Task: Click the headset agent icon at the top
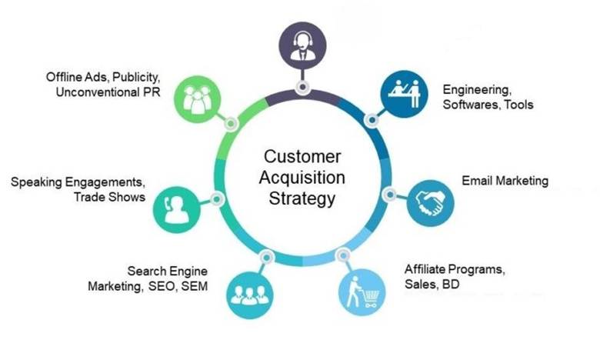pyautogui.click(x=302, y=45)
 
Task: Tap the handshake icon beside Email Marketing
pyautogui.click(x=431, y=203)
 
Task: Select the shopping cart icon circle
pyautogui.click(x=362, y=292)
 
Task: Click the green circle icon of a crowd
pyautogui.click(x=198, y=99)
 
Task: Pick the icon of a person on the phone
pyautogui.click(x=177, y=209)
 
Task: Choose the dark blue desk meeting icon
pyautogui.click(x=404, y=94)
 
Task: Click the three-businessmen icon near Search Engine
pyautogui.click(x=250, y=295)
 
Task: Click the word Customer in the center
pyautogui.click(x=302, y=156)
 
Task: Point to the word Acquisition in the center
pyautogui.click(x=302, y=178)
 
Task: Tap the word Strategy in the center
pyautogui.click(x=302, y=198)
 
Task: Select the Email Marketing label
pyautogui.click(x=505, y=181)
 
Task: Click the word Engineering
pyautogui.click(x=477, y=90)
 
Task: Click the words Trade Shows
pyautogui.click(x=110, y=197)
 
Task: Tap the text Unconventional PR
pyautogui.click(x=108, y=92)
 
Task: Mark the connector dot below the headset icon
pyautogui.click(x=302, y=87)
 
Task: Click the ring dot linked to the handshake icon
pyautogui.click(x=389, y=195)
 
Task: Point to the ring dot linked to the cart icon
pyautogui.click(x=343, y=255)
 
